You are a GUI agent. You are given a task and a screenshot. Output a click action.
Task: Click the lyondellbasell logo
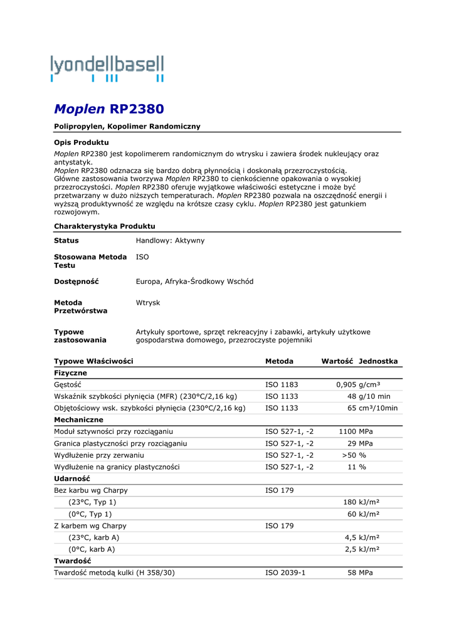[x=107, y=68]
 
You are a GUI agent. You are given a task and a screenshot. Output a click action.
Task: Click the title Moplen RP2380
[x=109, y=109]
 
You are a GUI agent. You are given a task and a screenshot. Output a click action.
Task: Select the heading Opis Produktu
[x=82, y=142]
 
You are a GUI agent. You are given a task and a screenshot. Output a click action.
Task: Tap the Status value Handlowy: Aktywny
[x=170, y=241]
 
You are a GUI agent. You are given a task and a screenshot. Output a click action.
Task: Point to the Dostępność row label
[x=77, y=282]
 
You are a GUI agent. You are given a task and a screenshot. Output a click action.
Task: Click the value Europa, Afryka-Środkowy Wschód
[x=194, y=282]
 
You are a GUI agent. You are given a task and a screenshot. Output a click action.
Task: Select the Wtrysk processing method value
[x=148, y=303]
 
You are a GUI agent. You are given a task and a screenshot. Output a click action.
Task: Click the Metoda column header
[x=279, y=361]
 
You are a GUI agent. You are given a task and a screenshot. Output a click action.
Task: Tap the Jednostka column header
[x=378, y=361]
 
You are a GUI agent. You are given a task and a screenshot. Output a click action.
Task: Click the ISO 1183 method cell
[x=282, y=384]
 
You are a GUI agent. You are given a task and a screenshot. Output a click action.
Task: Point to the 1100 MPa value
[x=356, y=431]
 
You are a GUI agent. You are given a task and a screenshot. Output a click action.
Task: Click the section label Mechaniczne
[x=78, y=419]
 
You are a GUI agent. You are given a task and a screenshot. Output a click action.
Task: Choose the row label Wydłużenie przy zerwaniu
[x=99, y=455]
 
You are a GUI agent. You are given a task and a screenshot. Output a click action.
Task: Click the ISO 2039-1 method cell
[x=285, y=573]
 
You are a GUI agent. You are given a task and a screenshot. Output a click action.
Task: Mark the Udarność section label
[x=71, y=478]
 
